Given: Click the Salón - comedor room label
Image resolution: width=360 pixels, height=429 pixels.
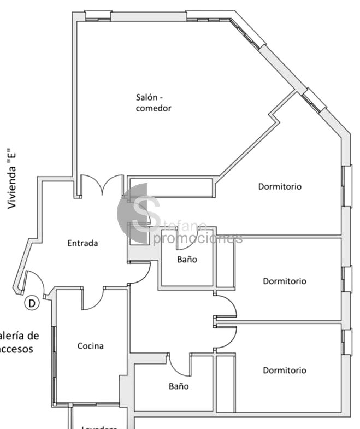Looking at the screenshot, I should point(154,103).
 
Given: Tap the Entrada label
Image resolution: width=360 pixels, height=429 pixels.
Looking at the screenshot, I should point(82,243).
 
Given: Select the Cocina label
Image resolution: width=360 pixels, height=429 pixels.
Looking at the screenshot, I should point(90,345).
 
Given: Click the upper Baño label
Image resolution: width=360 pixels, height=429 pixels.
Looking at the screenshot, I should point(187,260).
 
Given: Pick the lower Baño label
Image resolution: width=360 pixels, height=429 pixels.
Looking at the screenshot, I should point(179,386).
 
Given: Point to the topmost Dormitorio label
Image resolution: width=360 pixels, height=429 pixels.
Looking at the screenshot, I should point(280,186).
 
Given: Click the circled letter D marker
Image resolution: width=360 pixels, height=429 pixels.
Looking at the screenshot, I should point(32,303).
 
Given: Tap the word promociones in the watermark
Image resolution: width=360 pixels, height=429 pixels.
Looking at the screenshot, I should point(198,239).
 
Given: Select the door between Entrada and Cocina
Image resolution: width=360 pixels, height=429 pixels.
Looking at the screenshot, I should point(93,298).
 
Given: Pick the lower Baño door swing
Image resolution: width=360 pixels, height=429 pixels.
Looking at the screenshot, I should point(179,364).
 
